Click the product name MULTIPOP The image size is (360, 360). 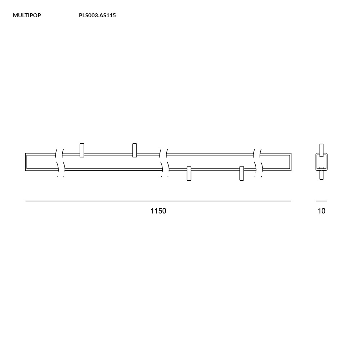click(x=27, y=15)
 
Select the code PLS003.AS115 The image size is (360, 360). click(x=97, y=15)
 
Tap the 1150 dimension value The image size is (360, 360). click(x=158, y=211)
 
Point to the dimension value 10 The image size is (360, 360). click(x=321, y=211)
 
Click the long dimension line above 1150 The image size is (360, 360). click(x=158, y=201)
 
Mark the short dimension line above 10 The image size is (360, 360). click(x=321, y=201)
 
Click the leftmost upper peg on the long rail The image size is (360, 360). click(x=82, y=150)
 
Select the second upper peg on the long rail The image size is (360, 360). click(x=135, y=150)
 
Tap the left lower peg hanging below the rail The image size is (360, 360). click(x=189, y=174)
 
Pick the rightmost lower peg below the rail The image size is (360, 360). click(x=242, y=174)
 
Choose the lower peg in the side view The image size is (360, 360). click(x=321, y=174)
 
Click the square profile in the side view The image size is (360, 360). click(x=321, y=162)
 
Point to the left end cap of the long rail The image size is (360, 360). click(x=26, y=162)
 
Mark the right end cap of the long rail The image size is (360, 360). click(x=290, y=162)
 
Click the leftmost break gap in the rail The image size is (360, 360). click(x=60, y=162)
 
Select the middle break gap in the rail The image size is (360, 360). click(x=164, y=162)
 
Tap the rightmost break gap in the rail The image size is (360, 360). click(x=258, y=162)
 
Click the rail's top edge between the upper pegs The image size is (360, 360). click(x=108, y=154)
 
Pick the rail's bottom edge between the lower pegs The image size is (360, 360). click(x=215, y=169)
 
